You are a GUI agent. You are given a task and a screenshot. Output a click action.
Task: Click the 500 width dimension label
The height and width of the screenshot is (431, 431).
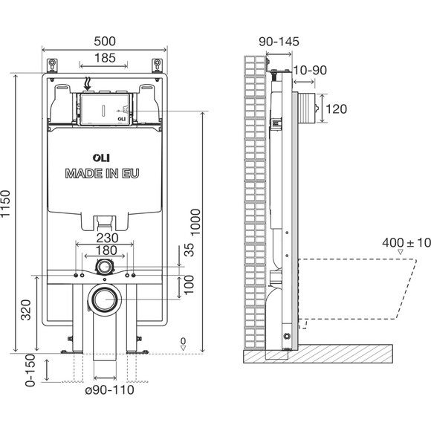point(105,42)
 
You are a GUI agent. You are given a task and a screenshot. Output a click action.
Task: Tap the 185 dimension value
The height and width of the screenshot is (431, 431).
point(105,58)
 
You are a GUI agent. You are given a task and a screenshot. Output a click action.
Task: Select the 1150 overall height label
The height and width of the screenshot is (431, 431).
point(5,204)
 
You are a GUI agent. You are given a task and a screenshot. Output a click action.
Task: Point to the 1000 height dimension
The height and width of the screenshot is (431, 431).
point(196,222)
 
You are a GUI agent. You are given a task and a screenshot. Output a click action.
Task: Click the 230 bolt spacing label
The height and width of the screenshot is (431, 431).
point(107,238)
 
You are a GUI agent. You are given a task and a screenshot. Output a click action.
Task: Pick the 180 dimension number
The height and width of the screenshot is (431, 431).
point(106,250)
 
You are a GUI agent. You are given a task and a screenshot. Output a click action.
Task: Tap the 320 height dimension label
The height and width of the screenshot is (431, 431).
point(27,310)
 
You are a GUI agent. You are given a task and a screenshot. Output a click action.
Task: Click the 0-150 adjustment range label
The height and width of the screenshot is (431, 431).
point(30,370)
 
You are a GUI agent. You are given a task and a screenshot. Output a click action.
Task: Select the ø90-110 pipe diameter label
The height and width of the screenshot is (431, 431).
point(109,390)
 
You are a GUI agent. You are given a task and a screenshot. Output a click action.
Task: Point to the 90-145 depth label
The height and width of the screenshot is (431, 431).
point(279,42)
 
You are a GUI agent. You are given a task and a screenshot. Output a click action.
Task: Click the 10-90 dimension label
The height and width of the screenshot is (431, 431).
point(310,71)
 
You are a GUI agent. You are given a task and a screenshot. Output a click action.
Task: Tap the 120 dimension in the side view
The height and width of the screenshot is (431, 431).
point(336,109)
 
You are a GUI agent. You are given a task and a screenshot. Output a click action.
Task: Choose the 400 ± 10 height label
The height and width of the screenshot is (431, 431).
point(406,243)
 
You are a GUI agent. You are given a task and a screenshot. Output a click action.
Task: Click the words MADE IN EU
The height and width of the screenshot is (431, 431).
point(102,173)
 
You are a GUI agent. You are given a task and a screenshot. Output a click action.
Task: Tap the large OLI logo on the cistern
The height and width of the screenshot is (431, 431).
point(101,158)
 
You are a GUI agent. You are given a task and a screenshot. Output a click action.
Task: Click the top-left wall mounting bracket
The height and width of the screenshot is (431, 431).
point(52,65)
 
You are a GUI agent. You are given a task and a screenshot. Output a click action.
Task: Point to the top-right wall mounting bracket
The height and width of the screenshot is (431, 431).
point(158,65)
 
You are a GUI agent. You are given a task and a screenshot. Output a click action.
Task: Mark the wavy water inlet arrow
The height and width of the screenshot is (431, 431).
point(88,84)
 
